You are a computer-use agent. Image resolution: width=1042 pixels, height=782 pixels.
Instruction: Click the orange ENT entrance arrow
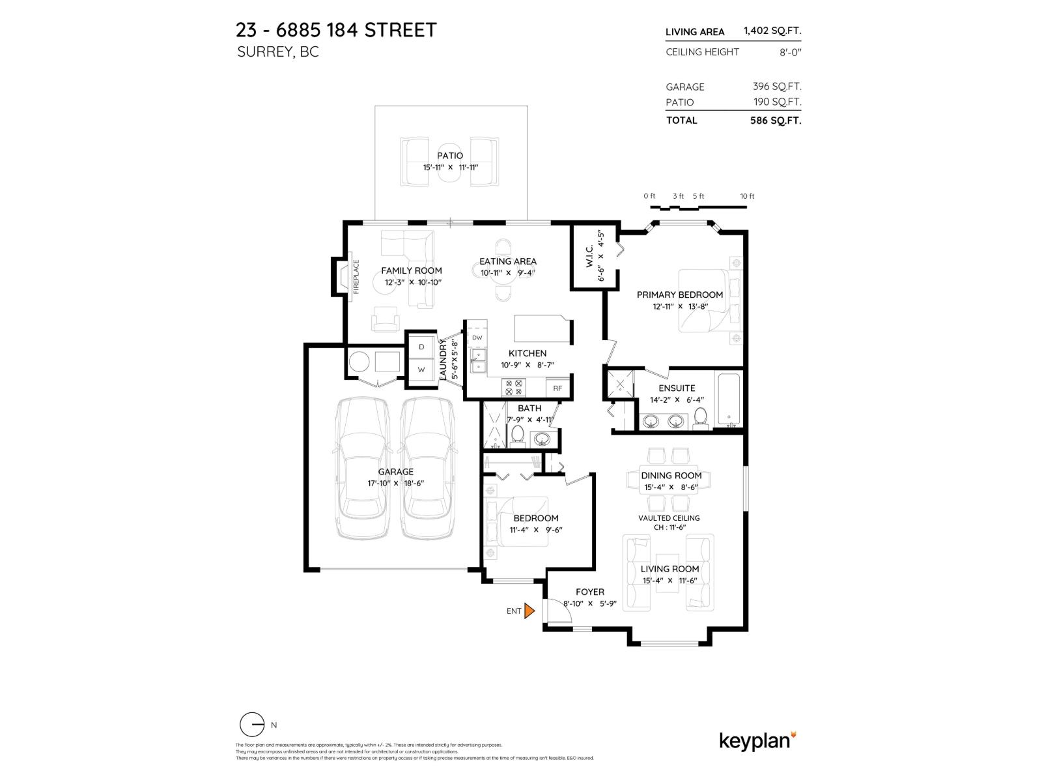(529, 611)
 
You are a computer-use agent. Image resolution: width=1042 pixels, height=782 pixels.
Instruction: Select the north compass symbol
(252, 725)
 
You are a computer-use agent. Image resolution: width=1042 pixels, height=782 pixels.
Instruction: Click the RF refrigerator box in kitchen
(557, 388)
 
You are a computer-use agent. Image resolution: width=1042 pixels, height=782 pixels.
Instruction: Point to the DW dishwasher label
(477, 338)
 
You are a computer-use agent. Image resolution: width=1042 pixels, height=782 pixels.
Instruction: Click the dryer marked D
(421, 347)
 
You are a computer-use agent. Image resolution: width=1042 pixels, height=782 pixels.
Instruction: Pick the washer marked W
(421, 369)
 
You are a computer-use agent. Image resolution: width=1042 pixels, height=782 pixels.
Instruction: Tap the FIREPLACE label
(356, 277)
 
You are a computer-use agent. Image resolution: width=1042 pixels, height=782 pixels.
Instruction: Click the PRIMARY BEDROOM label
(680, 295)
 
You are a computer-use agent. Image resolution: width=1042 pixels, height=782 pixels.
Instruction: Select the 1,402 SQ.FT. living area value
(772, 31)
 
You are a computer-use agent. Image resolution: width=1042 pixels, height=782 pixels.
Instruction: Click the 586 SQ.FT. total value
(776, 121)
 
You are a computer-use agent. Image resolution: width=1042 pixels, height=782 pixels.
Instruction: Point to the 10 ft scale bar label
(747, 196)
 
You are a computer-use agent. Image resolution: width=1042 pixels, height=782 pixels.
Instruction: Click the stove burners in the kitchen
(513, 388)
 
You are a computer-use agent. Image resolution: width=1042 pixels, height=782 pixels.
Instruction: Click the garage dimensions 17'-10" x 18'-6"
(396, 484)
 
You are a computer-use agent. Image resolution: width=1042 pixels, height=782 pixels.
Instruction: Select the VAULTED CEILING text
(669, 518)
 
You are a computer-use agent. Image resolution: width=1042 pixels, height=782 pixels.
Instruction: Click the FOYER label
(589, 592)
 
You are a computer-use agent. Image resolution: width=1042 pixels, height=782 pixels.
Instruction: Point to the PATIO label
(450, 156)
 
